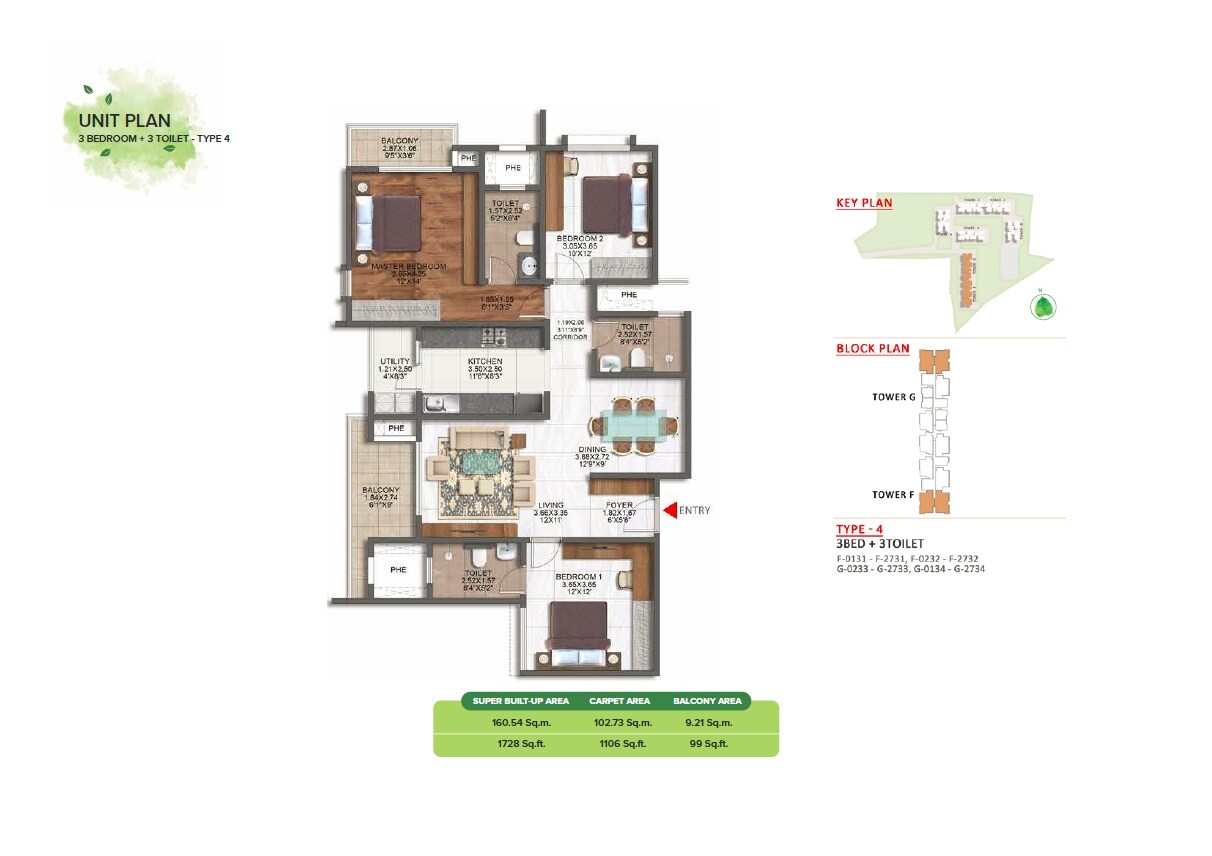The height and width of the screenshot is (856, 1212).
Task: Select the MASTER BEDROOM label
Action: (x=408, y=267)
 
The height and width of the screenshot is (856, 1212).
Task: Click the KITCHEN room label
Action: (x=485, y=361)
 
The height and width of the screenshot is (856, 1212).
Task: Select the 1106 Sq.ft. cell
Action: (x=620, y=745)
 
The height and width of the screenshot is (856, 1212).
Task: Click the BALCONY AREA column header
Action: (x=707, y=701)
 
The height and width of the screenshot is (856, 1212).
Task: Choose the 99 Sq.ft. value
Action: (x=707, y=745)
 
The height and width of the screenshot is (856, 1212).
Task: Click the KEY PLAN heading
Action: (x=864, y=203)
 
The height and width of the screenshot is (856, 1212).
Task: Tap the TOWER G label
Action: (x=893, y=397)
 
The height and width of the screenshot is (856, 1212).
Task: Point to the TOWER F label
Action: (x=893, y=495)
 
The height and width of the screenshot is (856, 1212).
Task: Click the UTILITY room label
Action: (x=394, y=362)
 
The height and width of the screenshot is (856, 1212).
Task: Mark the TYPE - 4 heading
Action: (x=859, y=529)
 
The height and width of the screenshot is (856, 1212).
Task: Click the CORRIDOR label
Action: (x=570, y=338)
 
